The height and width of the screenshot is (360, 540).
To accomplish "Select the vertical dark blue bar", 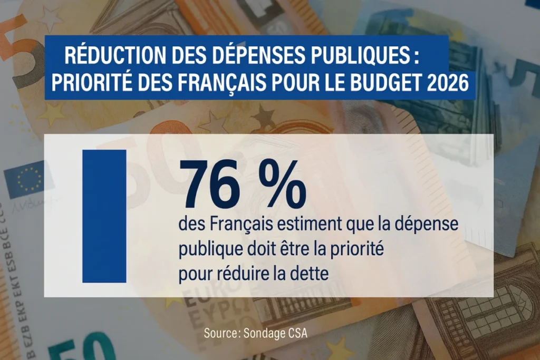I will [104, 216].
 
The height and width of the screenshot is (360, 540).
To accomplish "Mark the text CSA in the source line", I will [296, 333].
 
